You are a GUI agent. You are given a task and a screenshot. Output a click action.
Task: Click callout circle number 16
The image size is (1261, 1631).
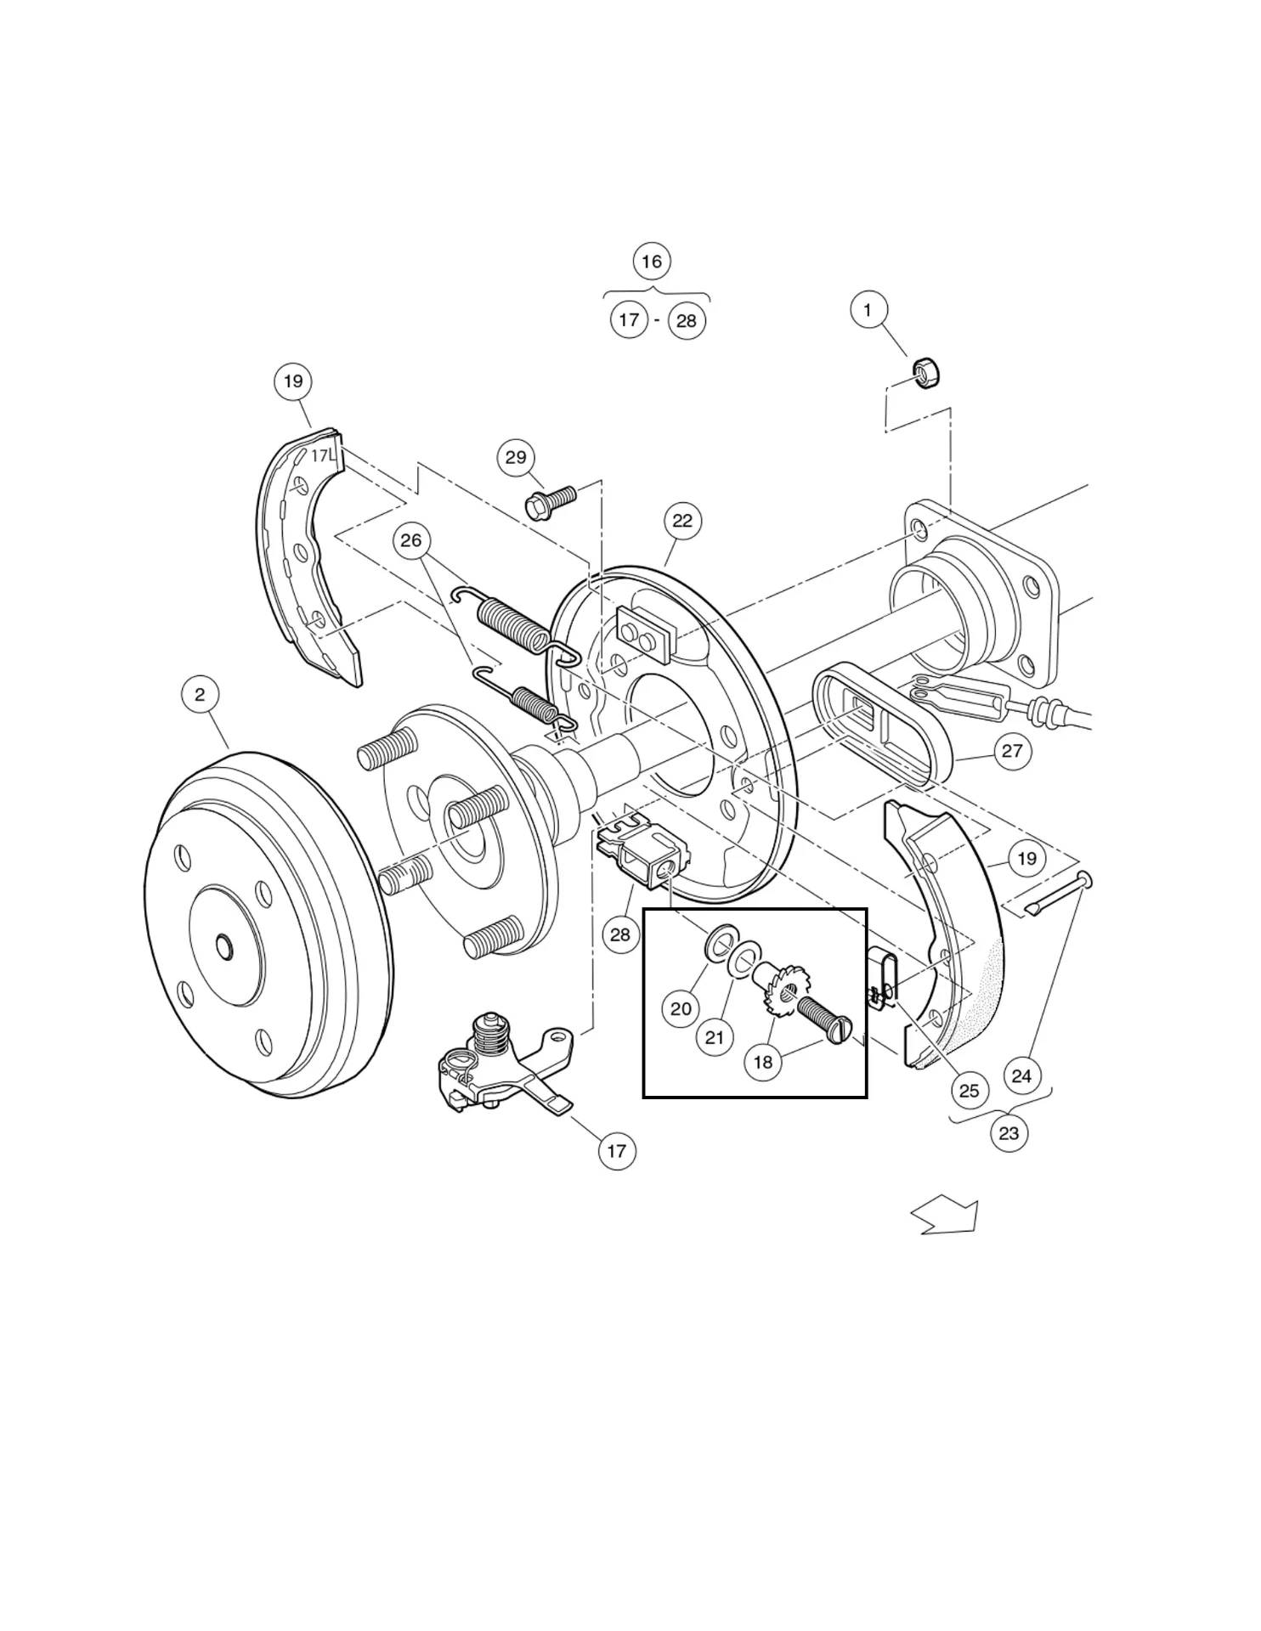coord(652,261)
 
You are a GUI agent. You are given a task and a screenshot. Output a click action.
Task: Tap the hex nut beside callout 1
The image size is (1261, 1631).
coord(925,373)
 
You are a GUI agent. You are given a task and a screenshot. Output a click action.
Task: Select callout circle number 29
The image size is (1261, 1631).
coord(516,457)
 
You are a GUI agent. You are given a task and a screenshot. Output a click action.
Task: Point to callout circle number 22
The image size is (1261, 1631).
coord(682,521)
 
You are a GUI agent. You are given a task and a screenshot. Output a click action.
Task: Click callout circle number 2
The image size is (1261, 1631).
coord(200,694)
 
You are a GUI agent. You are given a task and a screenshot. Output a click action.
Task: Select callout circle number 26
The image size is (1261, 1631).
coord(411,540)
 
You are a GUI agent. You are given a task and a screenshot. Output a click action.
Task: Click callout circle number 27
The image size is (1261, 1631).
coord(1011,750)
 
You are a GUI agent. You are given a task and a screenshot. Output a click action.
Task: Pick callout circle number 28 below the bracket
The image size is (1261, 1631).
coord(620,934)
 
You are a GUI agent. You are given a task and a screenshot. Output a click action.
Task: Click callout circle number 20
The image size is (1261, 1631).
coord(681,1008)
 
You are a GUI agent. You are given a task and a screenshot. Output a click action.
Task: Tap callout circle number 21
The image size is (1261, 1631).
coord(715,1037)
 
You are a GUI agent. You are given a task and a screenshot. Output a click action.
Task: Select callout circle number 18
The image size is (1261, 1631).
coord(763,1062)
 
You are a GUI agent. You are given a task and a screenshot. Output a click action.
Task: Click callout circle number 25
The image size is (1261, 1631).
coord(969,1090)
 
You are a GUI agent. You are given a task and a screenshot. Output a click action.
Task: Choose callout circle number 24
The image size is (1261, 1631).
coord(1021,1076)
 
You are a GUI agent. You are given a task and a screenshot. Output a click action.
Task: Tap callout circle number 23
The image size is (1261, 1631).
coord(1009,1133)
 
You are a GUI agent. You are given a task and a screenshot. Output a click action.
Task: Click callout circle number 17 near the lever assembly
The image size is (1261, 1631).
coord(617,1151)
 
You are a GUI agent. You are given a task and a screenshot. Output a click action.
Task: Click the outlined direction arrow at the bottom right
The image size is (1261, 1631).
coord(947,1216)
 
